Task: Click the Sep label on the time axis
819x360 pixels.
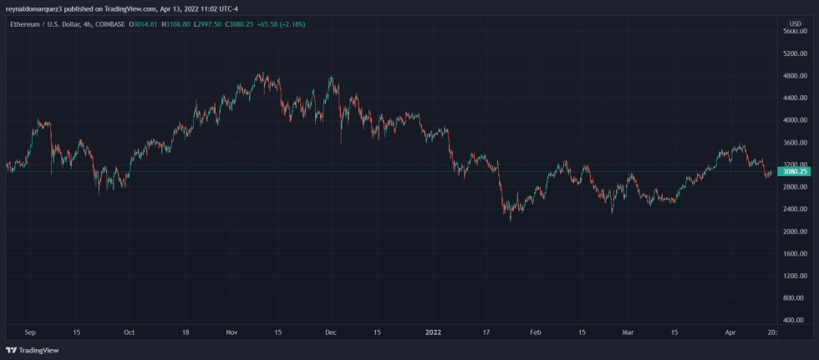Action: [30, 332]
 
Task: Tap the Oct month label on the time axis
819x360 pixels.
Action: [129, 332]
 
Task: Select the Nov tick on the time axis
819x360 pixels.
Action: [231, 332]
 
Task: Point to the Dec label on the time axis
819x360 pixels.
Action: [331, 332]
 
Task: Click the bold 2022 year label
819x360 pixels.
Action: [434, 332]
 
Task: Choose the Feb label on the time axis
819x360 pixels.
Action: [536, 332]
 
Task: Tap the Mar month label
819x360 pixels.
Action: [628, 332]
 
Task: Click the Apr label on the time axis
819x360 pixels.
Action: [731, 332]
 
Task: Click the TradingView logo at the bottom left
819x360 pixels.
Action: [33, 351]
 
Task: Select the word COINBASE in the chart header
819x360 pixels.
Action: [108, 24]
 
